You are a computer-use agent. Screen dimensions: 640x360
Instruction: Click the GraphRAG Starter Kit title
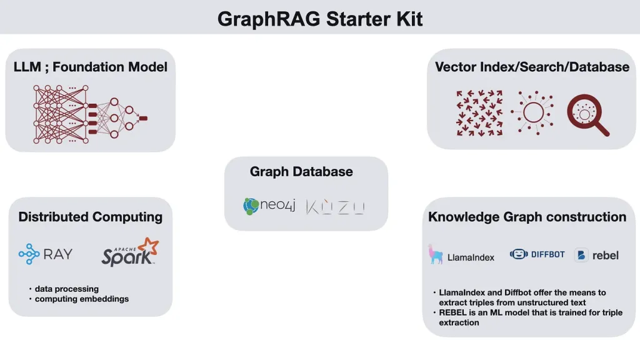pos(320,19)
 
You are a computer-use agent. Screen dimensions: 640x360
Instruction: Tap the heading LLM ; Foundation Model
pos(90,66)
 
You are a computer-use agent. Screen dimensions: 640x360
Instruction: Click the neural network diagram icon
pos(90,114)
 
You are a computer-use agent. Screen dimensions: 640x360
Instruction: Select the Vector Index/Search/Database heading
pos(532,66)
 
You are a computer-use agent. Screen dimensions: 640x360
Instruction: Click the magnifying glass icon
pos(587,115)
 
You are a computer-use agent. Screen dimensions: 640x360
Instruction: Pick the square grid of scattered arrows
pos(479,113)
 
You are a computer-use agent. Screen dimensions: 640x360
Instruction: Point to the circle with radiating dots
pos(534,112)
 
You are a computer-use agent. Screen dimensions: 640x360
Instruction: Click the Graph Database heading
pos(301,171)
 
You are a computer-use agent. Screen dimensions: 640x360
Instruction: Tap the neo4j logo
pos(269,206)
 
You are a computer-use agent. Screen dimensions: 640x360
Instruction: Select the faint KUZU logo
pos(335,207)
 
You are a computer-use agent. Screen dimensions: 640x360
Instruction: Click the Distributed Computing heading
pos(90,217)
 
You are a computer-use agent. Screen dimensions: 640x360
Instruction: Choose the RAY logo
pos(45,254)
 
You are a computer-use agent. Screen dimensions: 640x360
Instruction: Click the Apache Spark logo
pos(130,252)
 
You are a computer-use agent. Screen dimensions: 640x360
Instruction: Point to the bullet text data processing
pos(66,289)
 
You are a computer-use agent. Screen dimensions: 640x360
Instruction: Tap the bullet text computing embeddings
pos(82,299)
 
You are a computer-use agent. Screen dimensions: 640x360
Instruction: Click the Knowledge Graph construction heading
pos(527,217)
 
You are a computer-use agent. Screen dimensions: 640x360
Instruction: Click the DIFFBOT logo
pos(537,254)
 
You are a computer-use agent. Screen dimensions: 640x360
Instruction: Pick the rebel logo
pos(597,255)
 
